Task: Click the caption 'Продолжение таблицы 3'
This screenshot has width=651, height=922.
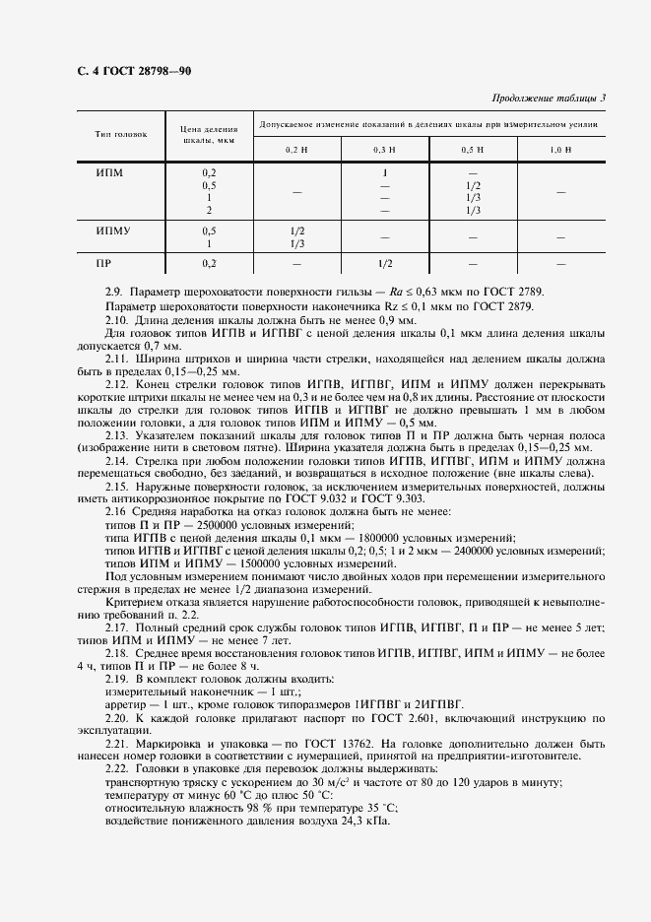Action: coord(548,97)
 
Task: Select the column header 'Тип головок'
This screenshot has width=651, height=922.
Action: coord(121,133)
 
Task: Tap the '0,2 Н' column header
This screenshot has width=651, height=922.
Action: coord(297,148)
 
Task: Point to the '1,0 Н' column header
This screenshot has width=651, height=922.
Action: coord(560,148)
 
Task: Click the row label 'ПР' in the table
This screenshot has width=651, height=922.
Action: coord(103,264)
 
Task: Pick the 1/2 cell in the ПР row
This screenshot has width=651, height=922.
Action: coord(384,264)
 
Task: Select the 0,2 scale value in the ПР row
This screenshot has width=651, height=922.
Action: coord(209,264)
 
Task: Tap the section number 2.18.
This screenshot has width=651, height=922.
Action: coord(116,653)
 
